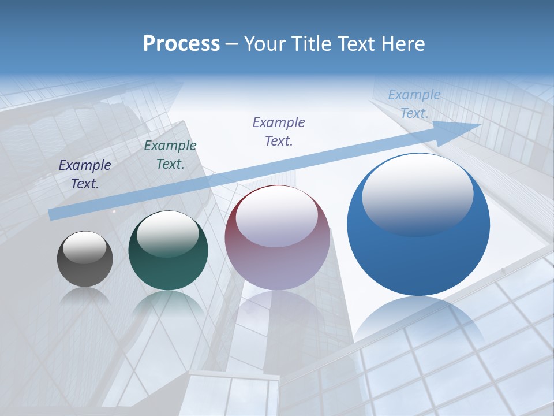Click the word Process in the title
(x=181, y=43)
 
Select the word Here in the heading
(x=402, y=43)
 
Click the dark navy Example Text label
(x=85, y=174)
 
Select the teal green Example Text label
(x=170, y=154)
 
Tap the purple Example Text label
(x=279, y=131)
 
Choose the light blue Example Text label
(x=414, y=103)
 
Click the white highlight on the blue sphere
(x=418, y=194)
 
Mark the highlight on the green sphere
(x=168, y=234)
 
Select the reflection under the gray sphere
(x=85, y=296)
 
